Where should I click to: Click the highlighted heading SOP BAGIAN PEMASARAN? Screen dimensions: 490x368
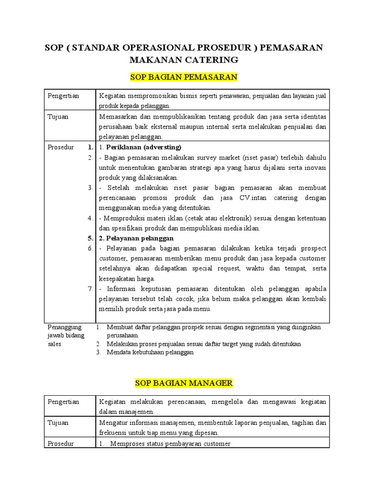tap(184, 77)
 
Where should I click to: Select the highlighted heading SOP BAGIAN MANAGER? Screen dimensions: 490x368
tap(184, 383)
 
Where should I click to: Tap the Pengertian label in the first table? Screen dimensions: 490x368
tap(63, 96)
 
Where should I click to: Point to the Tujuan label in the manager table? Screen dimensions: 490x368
tap(58, 423)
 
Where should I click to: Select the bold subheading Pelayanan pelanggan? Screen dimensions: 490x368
tap(139, 238)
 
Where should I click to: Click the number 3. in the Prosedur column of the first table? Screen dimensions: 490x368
tap(90, 188)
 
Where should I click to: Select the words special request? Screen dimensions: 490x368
tap(216, 268)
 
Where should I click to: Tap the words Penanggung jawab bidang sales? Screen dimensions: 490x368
tap(66, 335)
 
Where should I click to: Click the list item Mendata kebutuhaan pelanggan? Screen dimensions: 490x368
tap(150, 352)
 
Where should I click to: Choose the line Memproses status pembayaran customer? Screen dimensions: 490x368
tap(170, 444)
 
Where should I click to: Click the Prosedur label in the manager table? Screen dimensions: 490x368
tap(61, 444)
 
